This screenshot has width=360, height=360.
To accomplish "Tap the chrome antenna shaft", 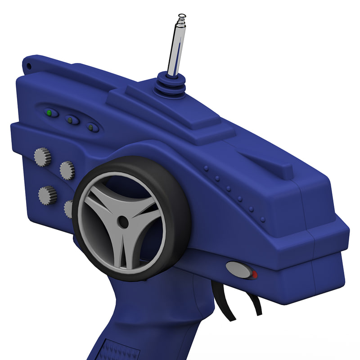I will (x=176, y=49).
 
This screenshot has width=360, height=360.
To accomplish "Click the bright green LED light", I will (x=49, y=112).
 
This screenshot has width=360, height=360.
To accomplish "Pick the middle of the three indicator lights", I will (x=71, y=120).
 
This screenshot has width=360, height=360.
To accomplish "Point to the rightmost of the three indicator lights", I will (x=91, y=127).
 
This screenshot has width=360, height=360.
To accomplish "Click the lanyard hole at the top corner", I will (x=29, y=67).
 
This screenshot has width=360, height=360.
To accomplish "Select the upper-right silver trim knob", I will (x=67, y=170).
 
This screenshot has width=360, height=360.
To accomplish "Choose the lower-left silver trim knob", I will (x=47, y=194).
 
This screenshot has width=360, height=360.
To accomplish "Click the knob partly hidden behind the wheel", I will (x=69, y=208).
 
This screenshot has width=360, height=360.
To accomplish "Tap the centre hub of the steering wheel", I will (x=122, y=221).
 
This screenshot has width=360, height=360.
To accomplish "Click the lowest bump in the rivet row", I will (x=262, y=219).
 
